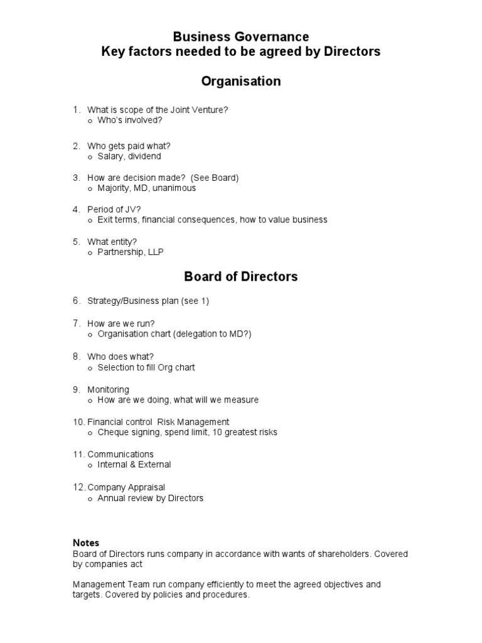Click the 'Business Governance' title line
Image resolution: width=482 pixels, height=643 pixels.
(x=241, y=37)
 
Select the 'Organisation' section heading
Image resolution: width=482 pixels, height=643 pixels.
(x=241, y=82)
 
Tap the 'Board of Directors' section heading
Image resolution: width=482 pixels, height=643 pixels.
(x=241, y=276)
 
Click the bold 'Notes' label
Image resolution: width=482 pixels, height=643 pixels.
(x=86, y=543)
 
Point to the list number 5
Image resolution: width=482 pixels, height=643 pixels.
(x=76, y=241)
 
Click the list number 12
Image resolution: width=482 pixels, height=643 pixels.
(x=78, y=487)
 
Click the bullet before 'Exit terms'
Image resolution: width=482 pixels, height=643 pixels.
(x=90, y=220)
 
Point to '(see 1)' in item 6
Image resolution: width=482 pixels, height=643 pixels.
(x=195, y=301)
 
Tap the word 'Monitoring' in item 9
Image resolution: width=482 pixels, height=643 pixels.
(x=109, y=389)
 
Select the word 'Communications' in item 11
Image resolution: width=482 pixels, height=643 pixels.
(x=120, y=454)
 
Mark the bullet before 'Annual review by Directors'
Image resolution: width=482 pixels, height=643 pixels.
(x=90, y=499)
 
